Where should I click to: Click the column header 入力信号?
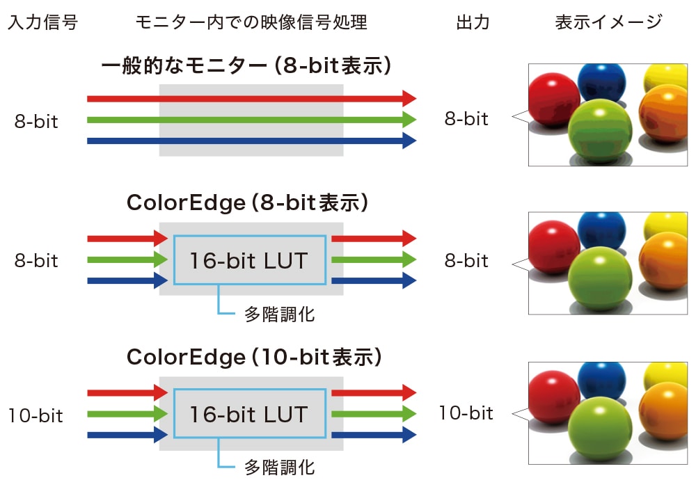(42, 22)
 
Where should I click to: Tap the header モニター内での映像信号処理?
(251, 22)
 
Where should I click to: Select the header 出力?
(473, 22)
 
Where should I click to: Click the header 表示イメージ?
(608, 22)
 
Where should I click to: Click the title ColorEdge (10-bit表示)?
(255, 358)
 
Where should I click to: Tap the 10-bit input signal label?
(35, 416)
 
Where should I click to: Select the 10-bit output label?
(466, 413)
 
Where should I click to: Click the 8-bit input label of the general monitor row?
(36, 122)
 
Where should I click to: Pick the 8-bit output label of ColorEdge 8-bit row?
(466, 261)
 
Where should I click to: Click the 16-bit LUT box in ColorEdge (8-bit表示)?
(249, 260)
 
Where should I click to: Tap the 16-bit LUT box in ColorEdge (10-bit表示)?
(249, 415)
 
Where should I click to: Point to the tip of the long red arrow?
(411, 99)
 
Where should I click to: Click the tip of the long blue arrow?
(411, 141)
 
